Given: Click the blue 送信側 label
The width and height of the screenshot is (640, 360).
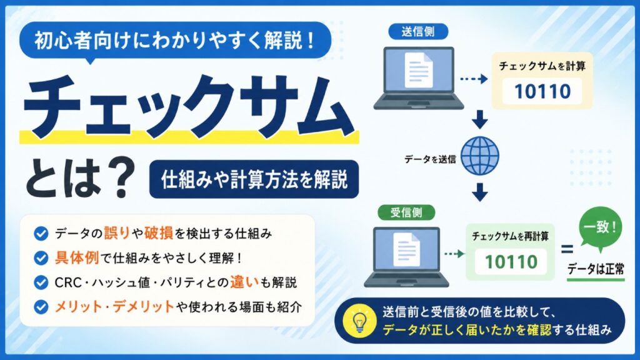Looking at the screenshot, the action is tap(418, 32).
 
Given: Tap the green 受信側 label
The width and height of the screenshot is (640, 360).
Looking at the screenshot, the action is tap(406, 212).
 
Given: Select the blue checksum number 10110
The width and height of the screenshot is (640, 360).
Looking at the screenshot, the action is tap(542, 91).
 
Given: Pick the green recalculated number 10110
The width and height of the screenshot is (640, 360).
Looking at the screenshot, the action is tap(511, 262).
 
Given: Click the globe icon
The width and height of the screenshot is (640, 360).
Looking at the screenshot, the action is tap(479, 156).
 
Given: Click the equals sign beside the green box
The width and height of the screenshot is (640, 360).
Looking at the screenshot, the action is tap(567, 249).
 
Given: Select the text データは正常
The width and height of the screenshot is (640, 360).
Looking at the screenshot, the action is tap(596, 269).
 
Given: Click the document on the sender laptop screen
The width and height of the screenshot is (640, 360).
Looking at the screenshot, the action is tap(418, 69).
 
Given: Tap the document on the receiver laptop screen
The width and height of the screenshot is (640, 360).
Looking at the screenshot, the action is tap(406, 250).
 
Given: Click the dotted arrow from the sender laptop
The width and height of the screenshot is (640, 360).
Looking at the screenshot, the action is tap(474, 79).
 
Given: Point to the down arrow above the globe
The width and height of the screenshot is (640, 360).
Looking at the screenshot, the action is tap(479, 119).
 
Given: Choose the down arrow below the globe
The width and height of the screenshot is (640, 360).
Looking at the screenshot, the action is tap(479, 192).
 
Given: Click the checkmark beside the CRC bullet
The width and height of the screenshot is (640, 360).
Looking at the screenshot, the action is tap(41, 282).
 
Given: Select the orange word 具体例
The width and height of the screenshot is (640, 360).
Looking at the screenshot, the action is tap(77, 258).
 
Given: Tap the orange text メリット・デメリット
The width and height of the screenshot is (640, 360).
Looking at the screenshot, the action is tap(114, 306).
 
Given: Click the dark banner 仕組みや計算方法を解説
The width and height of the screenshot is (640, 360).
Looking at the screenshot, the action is tap(254, 179).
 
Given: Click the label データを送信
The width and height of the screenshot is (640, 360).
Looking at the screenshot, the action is tap(430, 159).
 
